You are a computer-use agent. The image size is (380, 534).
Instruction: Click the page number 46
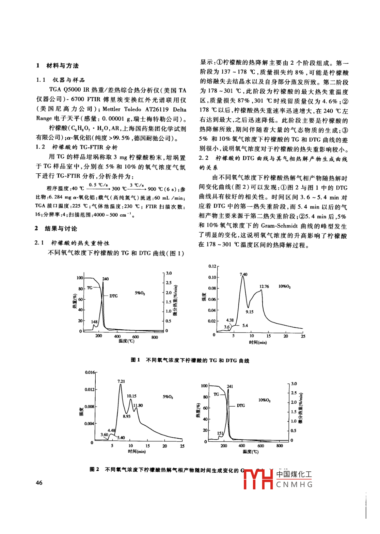pos(39,482)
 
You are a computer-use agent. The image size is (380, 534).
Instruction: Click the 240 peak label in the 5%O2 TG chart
pos(106,279)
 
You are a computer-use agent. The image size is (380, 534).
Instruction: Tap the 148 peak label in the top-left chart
pos(94,321)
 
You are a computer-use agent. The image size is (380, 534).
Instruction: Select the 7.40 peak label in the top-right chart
pos(243,274)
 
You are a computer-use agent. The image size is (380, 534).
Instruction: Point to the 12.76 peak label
pos(264,286)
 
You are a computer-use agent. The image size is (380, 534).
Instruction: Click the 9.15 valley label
pos(250,312)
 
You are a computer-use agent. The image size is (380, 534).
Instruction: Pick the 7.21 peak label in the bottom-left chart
pos(121,381)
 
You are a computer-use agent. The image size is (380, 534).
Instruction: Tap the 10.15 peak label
pos(131,396)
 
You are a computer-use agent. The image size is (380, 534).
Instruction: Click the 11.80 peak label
pos(138,405)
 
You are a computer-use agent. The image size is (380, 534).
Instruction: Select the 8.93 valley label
pos(127,416)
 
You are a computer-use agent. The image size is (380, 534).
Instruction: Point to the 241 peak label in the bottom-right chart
pos(230,386)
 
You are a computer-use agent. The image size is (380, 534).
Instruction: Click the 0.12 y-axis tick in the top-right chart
pos(212,266)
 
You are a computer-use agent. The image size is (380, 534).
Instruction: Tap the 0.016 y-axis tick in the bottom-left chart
pos(90,372)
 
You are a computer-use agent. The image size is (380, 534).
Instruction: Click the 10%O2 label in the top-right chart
pos(284,286)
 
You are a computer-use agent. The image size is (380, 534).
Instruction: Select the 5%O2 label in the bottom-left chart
pos(168,397)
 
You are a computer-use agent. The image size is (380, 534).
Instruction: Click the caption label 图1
pos(136,360)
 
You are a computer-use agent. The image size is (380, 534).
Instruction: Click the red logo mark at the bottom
pos(258,479)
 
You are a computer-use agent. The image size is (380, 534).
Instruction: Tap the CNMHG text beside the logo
pos(294,484)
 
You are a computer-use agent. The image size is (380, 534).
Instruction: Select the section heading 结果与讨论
pos(61,228)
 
